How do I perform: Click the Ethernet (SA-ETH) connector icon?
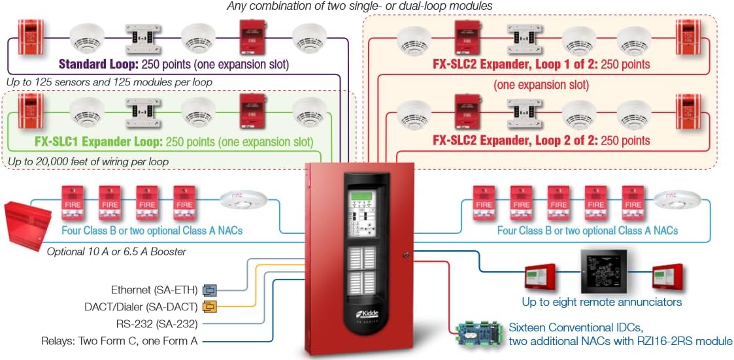[x=209, y=289]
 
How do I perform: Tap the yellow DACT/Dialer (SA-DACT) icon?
[x=209, y=306]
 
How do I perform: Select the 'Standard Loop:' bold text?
[x=98, y=65]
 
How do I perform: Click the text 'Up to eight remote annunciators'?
[x=601, y=302]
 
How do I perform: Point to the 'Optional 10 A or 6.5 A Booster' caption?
[x=116, y=252]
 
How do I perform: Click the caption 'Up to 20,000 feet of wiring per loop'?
[x=88, y=161]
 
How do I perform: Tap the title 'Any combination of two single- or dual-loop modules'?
[x=359, y=6]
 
